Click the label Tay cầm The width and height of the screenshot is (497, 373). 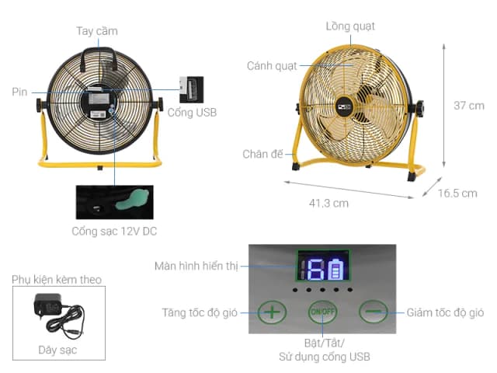(97, 31)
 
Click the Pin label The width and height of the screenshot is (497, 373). (19, 92)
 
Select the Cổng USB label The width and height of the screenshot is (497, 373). (192, 113)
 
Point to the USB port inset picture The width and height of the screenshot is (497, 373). (191, 89)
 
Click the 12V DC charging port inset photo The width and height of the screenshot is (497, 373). (114, 201)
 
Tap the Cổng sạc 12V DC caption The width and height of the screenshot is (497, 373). (114, 231)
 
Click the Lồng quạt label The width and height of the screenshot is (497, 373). (350, 26)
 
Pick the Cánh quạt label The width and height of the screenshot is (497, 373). (272, 65)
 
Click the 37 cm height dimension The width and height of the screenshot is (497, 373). (468, 105)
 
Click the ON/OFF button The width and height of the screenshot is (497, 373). (321, 312)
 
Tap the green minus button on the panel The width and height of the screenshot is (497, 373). (373, 312)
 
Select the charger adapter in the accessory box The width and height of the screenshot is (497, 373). (48, 308)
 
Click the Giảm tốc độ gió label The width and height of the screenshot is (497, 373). (445, 313)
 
